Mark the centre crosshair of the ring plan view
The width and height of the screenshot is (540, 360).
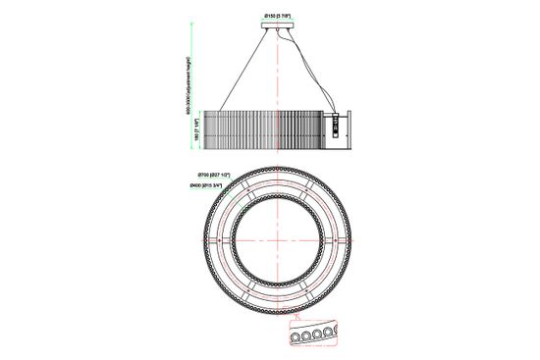[x=280, y=242]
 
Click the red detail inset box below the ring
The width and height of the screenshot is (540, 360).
[x=311, y=334]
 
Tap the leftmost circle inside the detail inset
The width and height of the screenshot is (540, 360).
[x=296, y=335]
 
